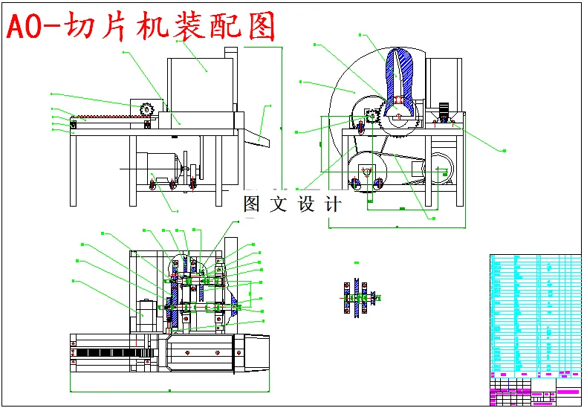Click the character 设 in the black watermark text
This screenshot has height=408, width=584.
click(x=307, y=204)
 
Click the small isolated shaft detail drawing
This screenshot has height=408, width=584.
click(x=357, y=298)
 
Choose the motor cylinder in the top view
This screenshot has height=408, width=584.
click(x=146, y=313)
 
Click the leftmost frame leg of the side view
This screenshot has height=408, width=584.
click(x=75, y=170)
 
